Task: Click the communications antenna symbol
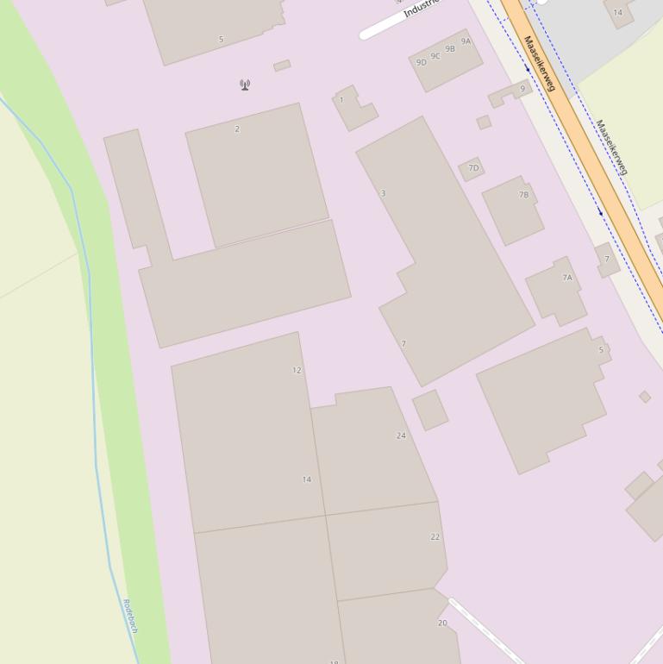click(245, 85)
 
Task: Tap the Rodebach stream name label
click(130, 616)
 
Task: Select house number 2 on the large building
click(237, 129)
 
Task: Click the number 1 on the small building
click(341, 100)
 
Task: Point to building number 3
click(383, 193)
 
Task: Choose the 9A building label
click(466, 41)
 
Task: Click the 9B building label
click(450, 49)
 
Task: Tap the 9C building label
click(435, 56)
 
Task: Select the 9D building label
click(422, 62)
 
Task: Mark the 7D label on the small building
click(473, 168)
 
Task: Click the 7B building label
click(523, 195)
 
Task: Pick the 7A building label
click(567, 278)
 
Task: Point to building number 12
click(297, 371)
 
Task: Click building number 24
click(401, 435)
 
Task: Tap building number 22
click(435, 536)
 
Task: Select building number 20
click(442, 623)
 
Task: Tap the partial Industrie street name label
click(421, 9)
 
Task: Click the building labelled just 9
click(522, 89)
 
